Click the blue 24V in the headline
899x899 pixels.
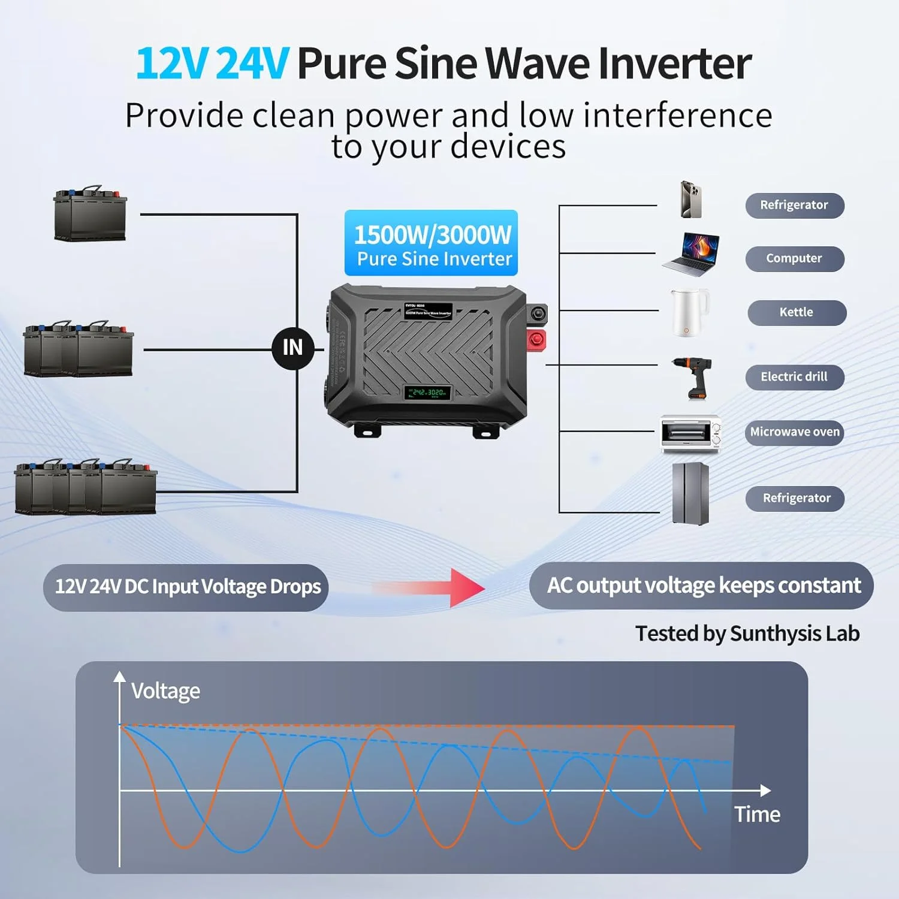(x=252, y=64)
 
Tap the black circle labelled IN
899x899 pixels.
(x=293, y=348)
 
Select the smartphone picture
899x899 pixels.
(x=691, y=199)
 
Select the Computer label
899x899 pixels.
(x=794, y=259)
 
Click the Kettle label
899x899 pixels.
(x=797, y=313)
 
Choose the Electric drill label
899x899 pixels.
(x=794, y=377)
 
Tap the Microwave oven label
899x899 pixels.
(x=795, y=432)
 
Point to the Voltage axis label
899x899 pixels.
(x=165, y=691)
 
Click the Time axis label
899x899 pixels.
(x=757, y=814)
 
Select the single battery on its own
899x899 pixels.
(x=90, y=214)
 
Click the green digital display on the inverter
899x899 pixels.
(x=427, y=393)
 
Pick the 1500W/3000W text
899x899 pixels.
(x=432, y=235)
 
